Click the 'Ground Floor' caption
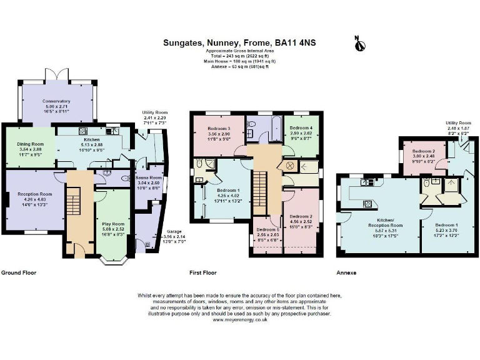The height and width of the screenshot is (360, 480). pos(19,273)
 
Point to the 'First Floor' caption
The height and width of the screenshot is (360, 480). pos(202,273)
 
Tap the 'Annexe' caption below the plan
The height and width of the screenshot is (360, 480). pos(346,273)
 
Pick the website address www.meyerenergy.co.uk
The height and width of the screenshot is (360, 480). pos(240,319)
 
